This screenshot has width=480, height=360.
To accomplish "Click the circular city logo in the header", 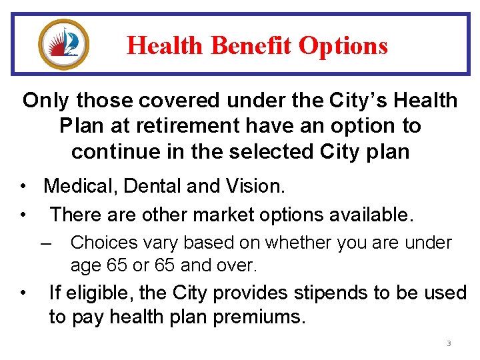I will tap(64, 44).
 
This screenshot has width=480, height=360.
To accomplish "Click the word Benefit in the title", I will tap(251, 46).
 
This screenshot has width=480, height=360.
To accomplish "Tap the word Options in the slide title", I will tap(343, 46).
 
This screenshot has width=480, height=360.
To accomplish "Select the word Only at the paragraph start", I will tap(47, 101).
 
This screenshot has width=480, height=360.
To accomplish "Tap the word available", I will tap(367, 215).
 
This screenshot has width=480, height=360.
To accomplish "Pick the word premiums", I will tap(259, 317).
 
